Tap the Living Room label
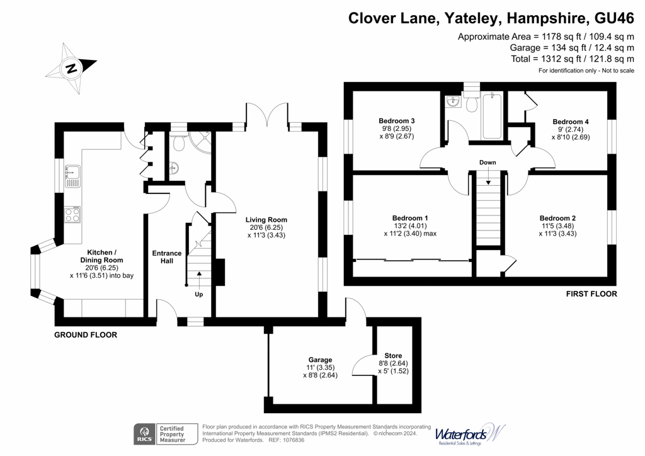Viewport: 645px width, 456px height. pos(266,220)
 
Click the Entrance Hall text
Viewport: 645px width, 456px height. pos(167,257)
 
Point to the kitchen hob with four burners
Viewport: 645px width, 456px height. pos(74,214)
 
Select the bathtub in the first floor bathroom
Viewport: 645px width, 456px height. pos(491,117)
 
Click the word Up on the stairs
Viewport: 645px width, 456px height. pos(198,294)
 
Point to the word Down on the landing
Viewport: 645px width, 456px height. pos(488,162)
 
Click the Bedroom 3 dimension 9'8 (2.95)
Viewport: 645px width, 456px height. pos(396,128)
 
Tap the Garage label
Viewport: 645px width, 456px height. pos(320,360)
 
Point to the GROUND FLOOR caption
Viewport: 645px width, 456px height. pos(86,335)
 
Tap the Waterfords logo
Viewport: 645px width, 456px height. pos(469,435)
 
